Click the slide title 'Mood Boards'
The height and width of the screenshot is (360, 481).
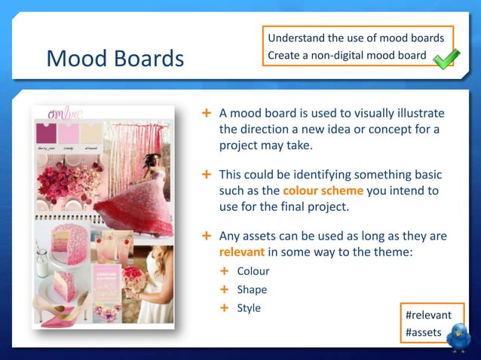pyautogui.click(x=115, y=58)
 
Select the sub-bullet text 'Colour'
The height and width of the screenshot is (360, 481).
pyautogui.click(x=253, y=271)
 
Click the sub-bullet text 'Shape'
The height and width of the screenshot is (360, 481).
pyautogui.click(x=252, y=289)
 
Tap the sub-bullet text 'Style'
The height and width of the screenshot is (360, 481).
pyautogui.click(x=249, y=307)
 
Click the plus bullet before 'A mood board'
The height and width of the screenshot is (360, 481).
pyautogui.click(x=206, y=113)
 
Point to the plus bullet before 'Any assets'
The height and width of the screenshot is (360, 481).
pyautogui.click(x=206, y=236)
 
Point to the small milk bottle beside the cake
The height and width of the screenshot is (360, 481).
pyautogui.click(x=42, y=261)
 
